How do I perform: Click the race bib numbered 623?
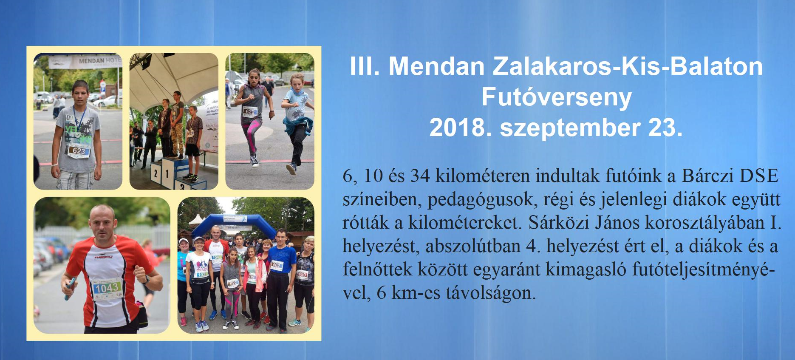coord(79,150)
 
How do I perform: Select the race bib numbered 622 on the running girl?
coord(250,112)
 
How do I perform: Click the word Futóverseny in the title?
coord(556,98)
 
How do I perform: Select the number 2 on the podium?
coord(156,173)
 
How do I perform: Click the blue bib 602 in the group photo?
coord(276,265)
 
